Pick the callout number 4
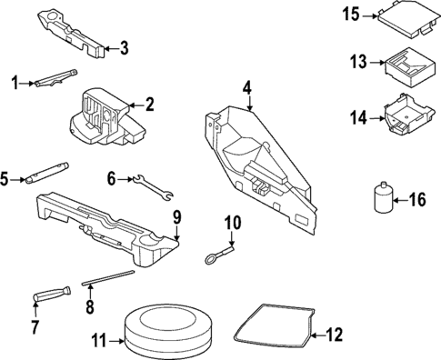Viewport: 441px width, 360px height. [246, 87]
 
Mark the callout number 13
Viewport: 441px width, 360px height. [358, 62]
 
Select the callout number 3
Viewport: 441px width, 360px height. [125, 48]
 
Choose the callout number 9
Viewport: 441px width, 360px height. [177, 216]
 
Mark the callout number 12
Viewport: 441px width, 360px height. [335, 335]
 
